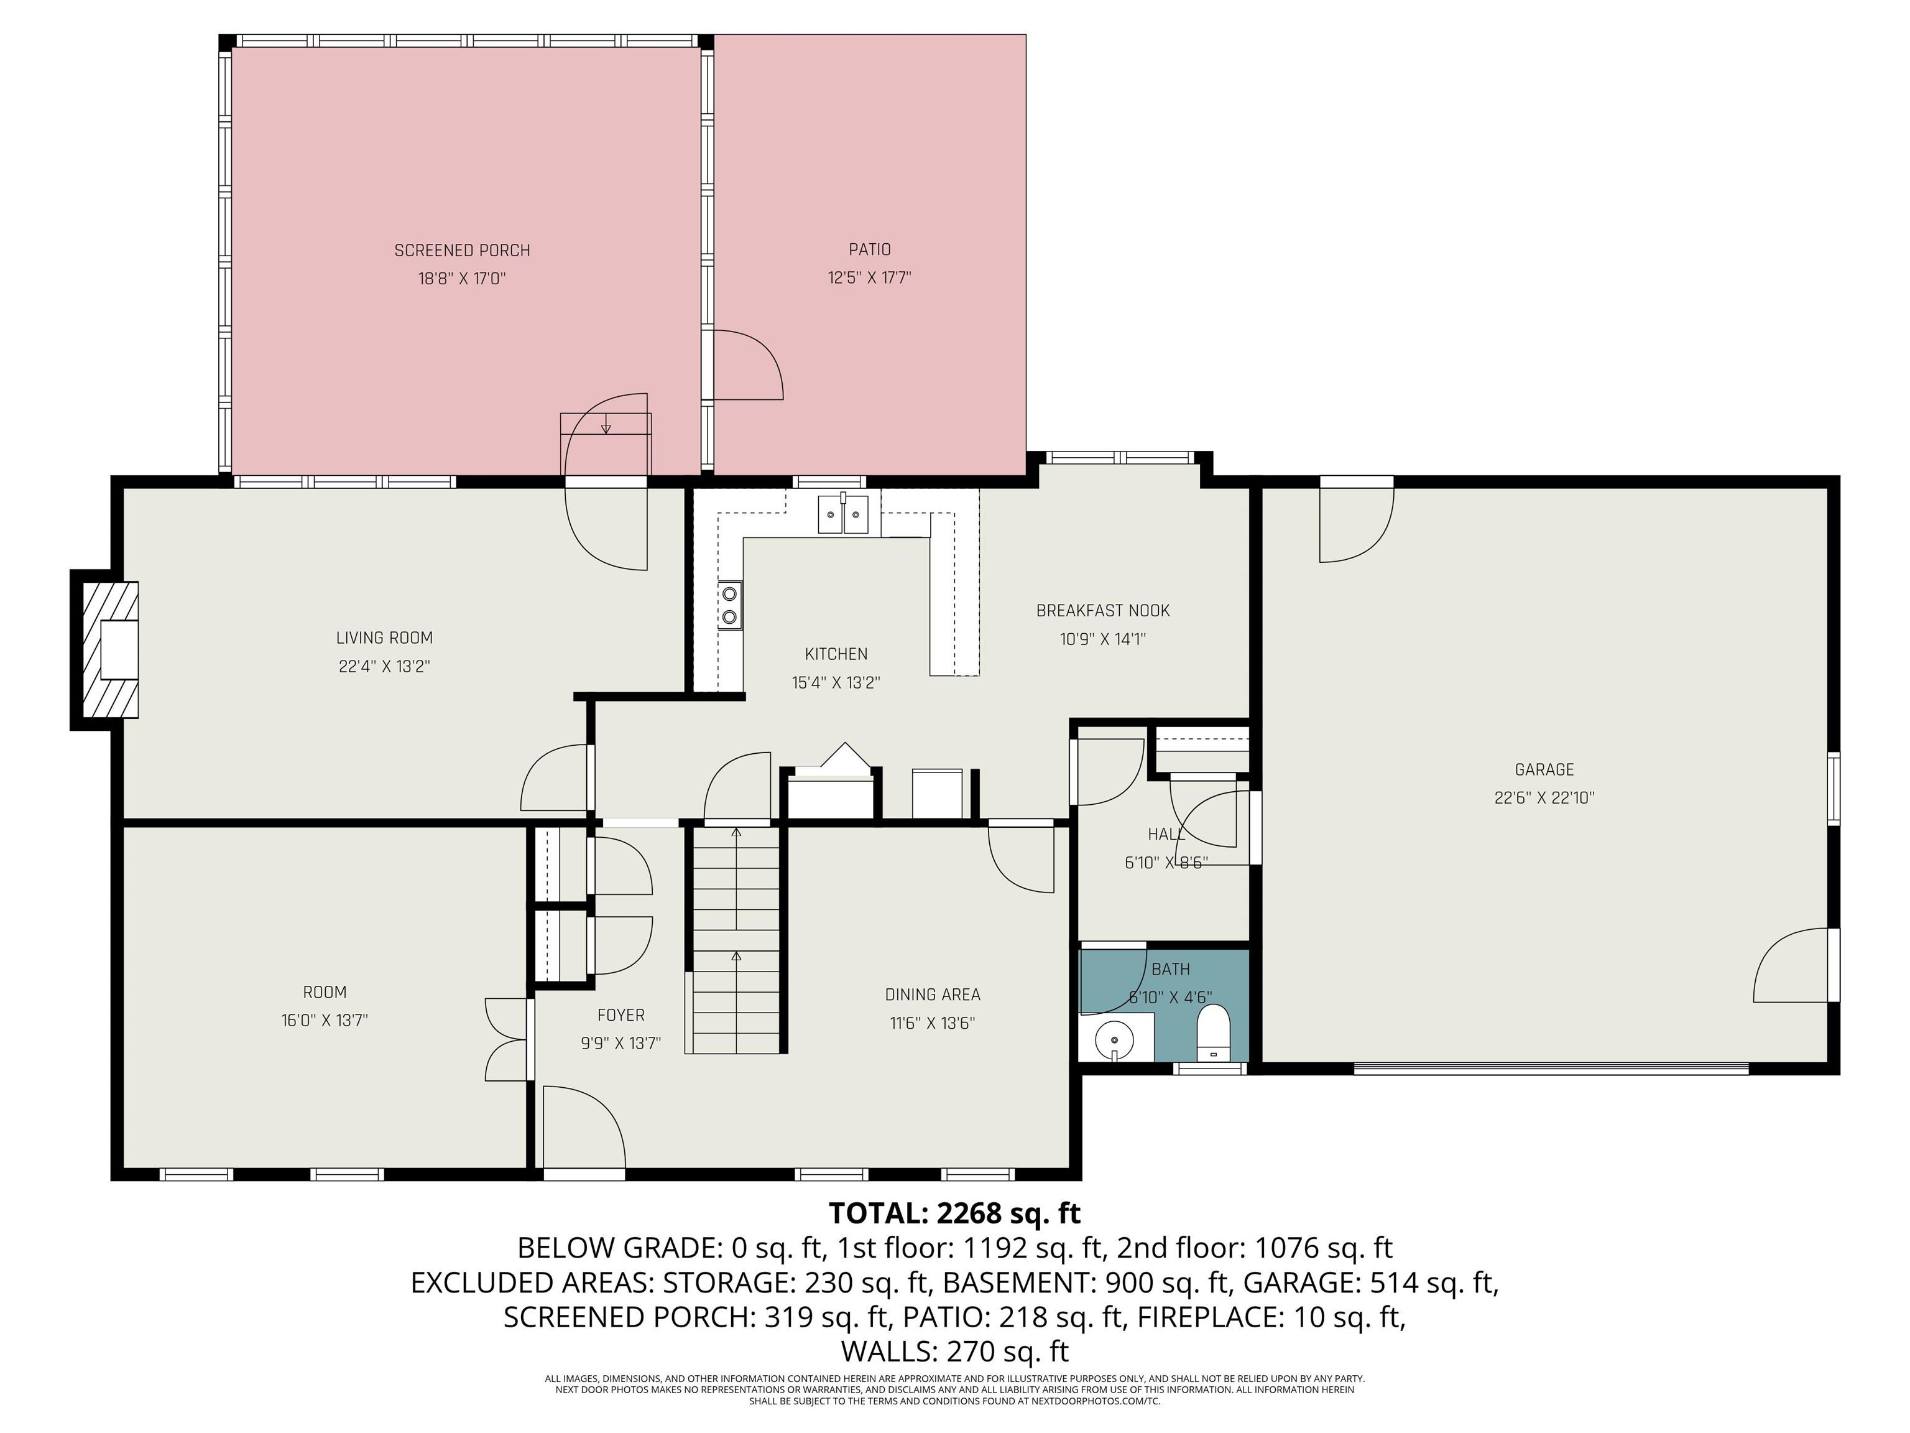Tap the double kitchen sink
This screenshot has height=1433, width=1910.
coord(842,516)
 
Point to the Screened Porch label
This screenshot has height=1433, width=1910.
coord(462,251)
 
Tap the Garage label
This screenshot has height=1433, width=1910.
coord(1544,769)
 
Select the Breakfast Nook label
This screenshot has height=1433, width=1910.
coord(1102,611)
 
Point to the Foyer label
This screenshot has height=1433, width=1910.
coord(620,1015)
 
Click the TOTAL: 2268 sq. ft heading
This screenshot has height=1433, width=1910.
coord(954,1213)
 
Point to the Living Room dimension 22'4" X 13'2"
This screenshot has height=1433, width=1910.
coord(384,667)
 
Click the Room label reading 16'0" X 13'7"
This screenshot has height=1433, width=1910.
coord(324,1020)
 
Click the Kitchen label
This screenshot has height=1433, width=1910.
coord(835,654)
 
